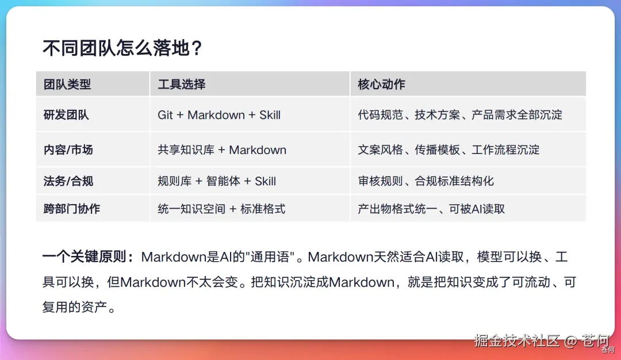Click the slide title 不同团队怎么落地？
[x=123, y=48]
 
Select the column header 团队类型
[x=67, y=84]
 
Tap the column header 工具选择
[x=181, y=84]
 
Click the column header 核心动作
[x=381, y=84]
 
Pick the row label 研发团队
[x=66, y=115]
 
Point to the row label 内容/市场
[x=68, y=150]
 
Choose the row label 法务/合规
[x=68, y=181]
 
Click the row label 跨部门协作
[x=72, y=209]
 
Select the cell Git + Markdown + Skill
[x=219, y=115]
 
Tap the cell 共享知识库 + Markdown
[x=222, y=150]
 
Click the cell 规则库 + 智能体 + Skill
[x=217, y=181]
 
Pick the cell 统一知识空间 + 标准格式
[x=221, y=209]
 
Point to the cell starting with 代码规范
[x=460, y=115]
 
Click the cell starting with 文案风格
[x=448, y=150]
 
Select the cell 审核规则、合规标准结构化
[x=425, y=181]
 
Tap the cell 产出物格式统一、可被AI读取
[x=431, y=209]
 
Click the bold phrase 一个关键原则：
[x=89, y=256]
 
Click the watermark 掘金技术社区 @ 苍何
[x=542, y=340]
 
